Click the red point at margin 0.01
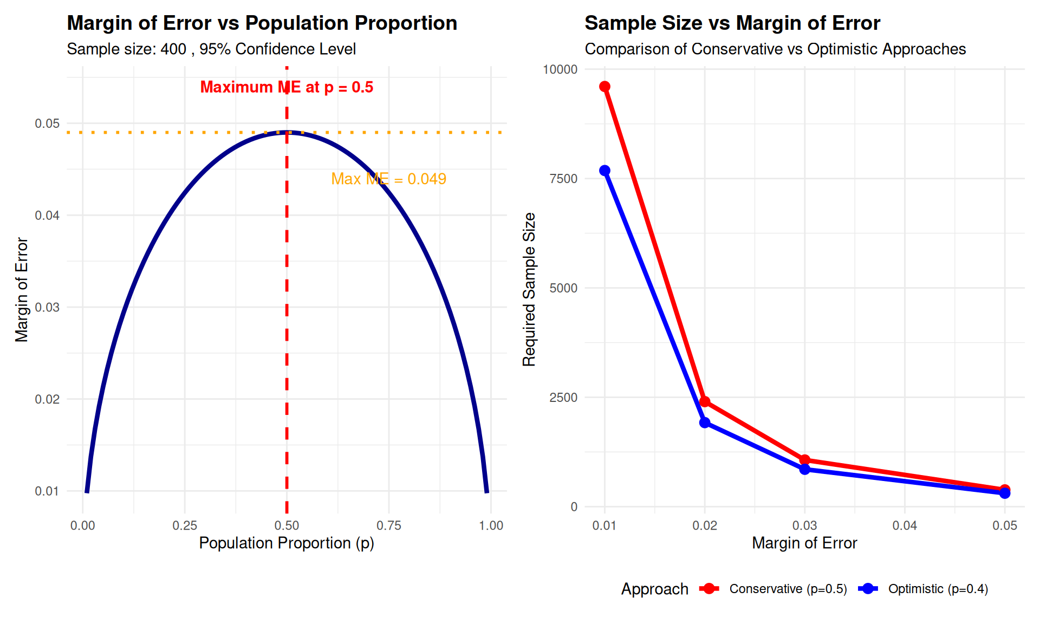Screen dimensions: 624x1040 pos(604,87)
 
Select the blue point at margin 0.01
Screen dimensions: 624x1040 pos(604,171)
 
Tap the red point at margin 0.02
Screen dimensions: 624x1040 pos(705,401)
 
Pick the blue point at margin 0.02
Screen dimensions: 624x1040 pos(705,422)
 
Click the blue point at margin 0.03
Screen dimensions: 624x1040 pos(805,469)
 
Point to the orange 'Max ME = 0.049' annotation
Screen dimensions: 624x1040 pos(388,179)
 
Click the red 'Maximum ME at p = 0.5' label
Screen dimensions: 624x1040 pos(287,87)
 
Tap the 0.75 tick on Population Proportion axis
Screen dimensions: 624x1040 pos(388,525)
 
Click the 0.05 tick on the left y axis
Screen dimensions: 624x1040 pos(47,123)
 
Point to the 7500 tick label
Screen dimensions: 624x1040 pos(563,179)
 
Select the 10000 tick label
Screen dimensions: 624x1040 pos(560,69)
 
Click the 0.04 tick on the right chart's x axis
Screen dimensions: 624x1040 pos(905,525)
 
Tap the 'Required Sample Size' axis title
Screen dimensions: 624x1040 pos(529,289)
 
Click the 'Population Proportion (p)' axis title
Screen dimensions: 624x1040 pos(287,543)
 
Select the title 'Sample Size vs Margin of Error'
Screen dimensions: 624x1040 pos(732,23)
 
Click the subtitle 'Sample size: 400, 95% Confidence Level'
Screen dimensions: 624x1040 pos(211,49)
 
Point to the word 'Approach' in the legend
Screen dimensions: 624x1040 pos(654,589)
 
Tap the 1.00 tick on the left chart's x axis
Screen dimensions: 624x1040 pos(491,525)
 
